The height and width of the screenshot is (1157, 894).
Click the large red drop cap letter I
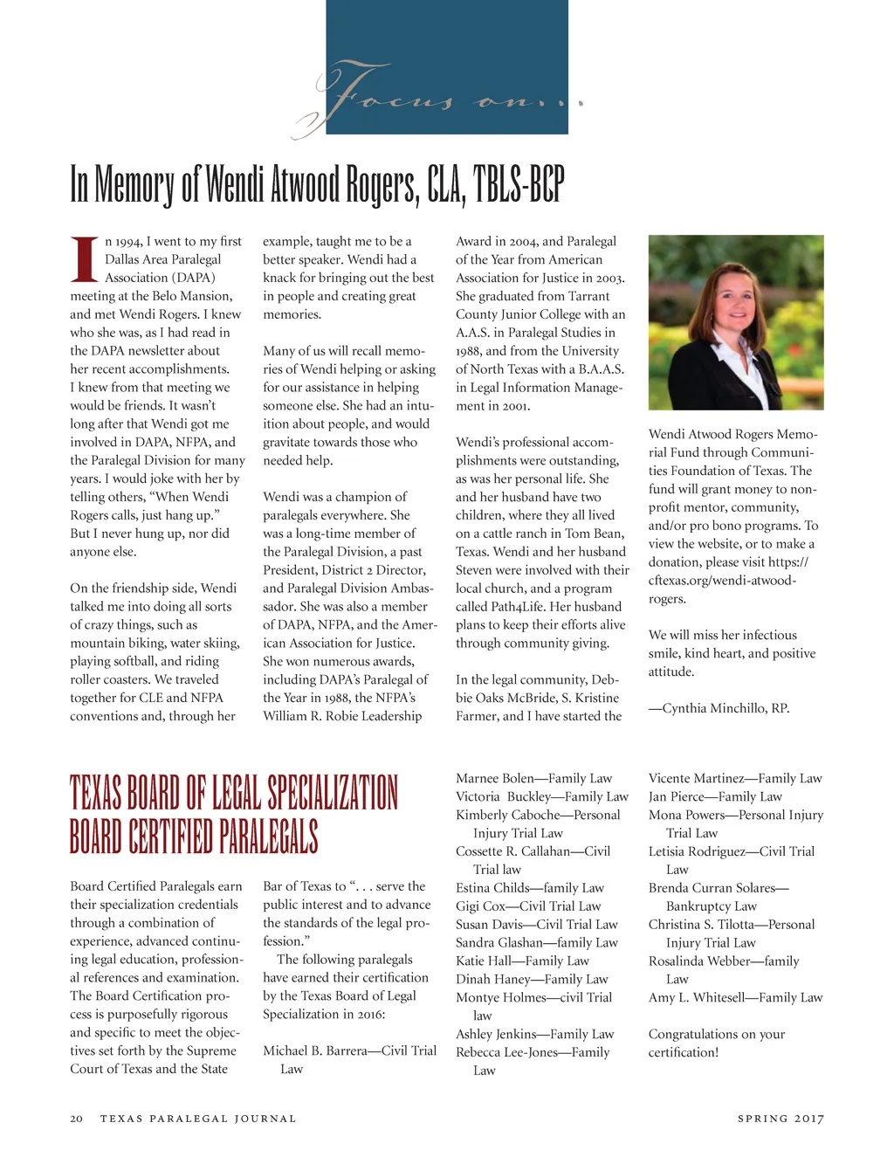[84, 259]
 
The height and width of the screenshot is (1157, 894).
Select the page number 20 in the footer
[77, 1119]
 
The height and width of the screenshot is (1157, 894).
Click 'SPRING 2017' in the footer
[781, 1119]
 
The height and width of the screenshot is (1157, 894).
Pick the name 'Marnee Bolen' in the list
[493, 778]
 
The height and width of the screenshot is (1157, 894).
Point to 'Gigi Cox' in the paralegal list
[480, 906]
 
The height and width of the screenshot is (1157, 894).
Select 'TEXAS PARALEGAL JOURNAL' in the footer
[198, 1119]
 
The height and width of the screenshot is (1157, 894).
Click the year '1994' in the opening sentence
[127, 241]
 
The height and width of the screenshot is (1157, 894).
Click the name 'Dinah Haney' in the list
[490, 979]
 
